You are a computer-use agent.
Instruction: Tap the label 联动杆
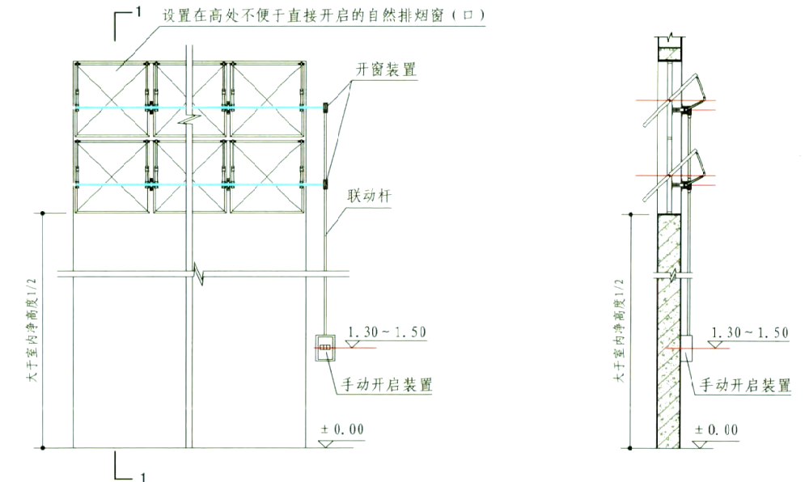(366, 197)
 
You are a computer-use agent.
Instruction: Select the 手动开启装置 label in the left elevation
(385, 385)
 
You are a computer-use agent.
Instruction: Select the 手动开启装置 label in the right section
(744, 385)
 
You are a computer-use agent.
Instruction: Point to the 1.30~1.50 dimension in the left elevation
(385, 332)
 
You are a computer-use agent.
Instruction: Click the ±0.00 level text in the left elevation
(344, 429)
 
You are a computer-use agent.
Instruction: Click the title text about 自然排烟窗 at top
(324, 16)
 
